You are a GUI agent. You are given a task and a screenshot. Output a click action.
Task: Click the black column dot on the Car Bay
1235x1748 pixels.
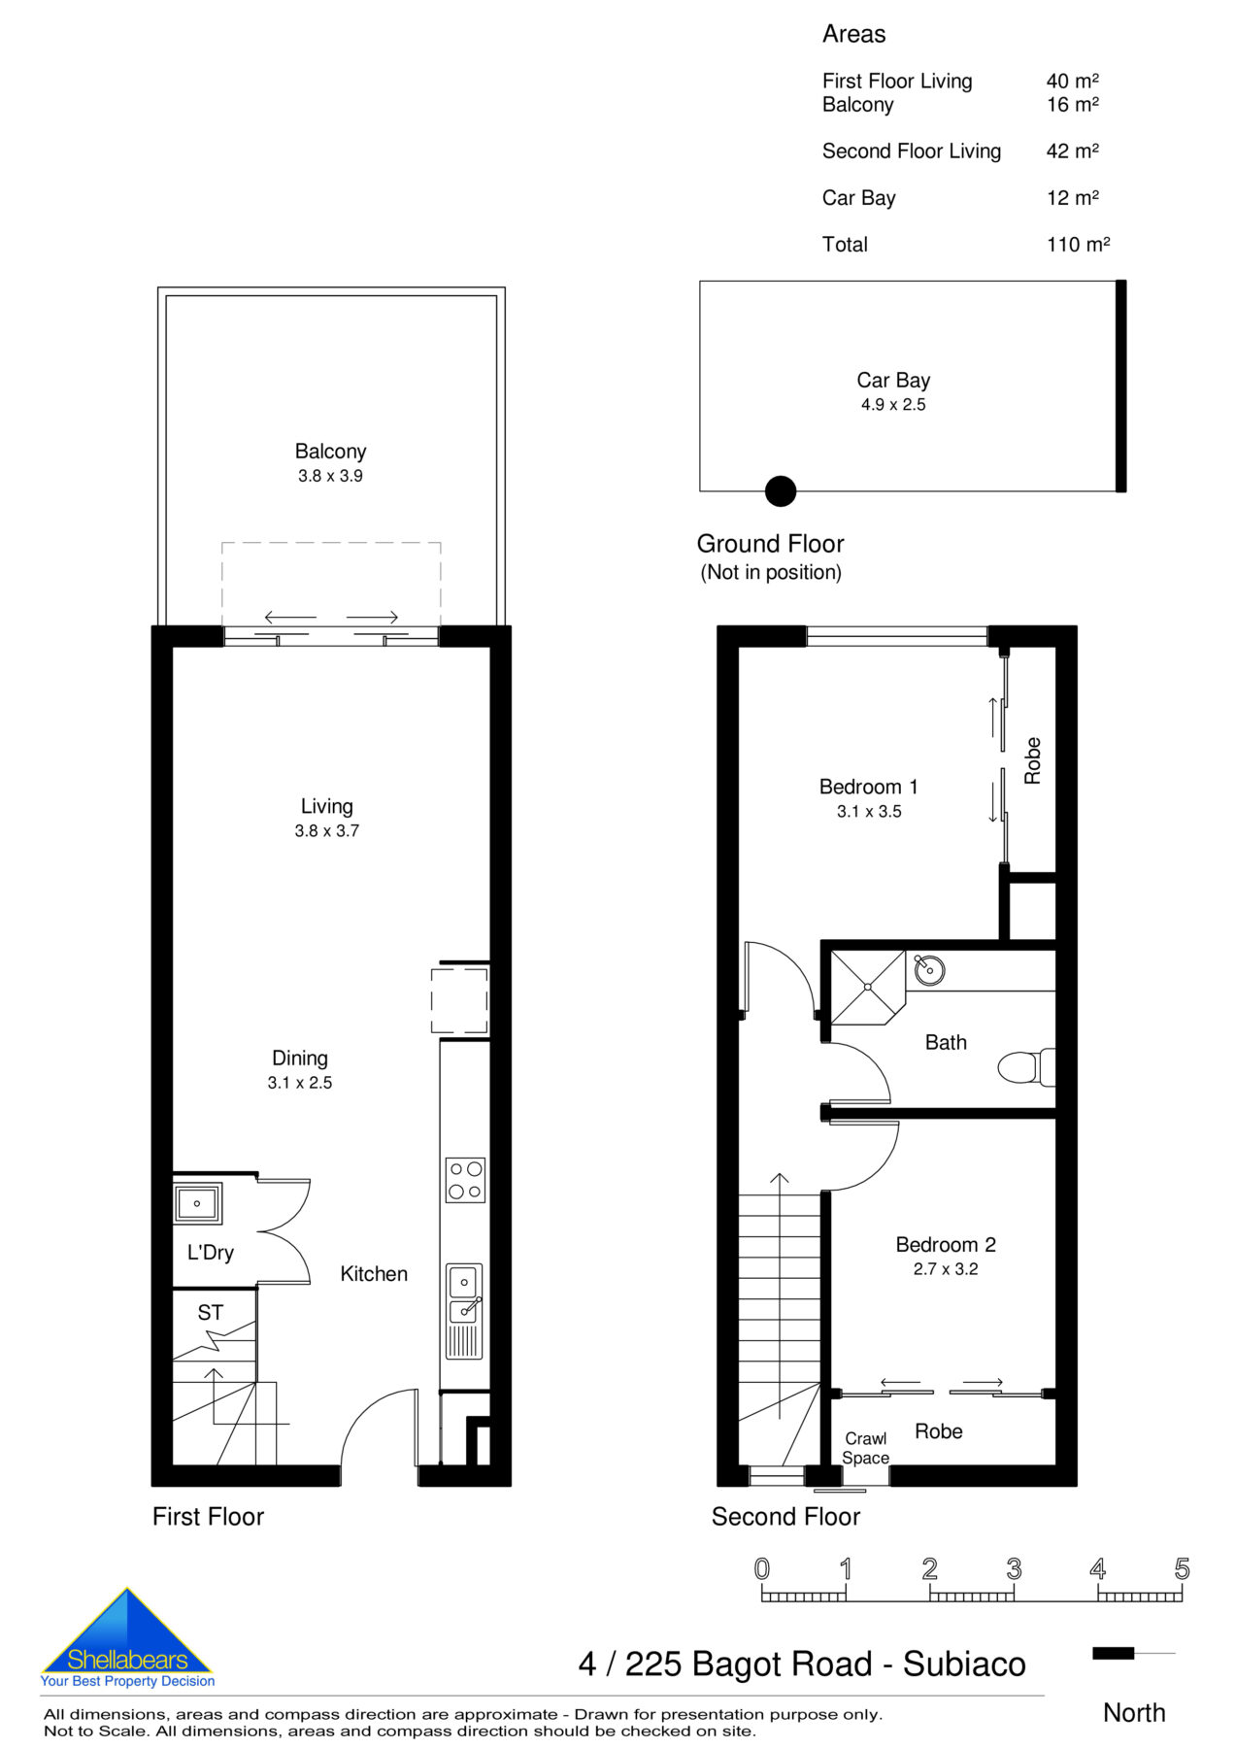click(x=780, y=491)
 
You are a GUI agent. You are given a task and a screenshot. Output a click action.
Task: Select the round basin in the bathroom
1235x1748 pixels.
click(x=929, y=969)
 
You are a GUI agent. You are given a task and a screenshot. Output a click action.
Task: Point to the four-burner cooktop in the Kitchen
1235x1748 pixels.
click(x=464, y=1180)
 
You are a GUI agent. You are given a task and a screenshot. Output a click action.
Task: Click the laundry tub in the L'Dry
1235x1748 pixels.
click(x=197, y=1204)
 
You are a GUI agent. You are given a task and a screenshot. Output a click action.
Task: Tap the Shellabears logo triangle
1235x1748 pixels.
click(x=126, y=1634)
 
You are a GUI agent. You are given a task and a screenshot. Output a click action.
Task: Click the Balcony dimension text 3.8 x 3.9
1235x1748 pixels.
click(x=330, y=476)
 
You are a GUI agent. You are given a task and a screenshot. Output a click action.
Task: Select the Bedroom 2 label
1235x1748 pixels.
click(x=945, y=1244)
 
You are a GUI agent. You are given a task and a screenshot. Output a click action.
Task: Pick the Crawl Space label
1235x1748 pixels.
click(x=865, y=1448)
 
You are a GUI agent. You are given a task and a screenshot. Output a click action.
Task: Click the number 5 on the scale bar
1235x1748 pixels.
click(x=1181, y=1569)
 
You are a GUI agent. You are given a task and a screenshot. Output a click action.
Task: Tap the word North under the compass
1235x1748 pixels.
click(x=1133, y=1713)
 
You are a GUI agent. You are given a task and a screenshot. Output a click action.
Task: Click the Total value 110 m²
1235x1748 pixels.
click(x=1078, y=245)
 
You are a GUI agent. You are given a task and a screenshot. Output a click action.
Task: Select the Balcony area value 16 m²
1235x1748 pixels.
click(x=1072, y=105)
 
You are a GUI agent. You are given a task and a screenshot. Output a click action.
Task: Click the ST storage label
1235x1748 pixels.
click(x=210, y=1313)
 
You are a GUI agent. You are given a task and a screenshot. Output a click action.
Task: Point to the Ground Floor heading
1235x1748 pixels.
click(x=770, y=544)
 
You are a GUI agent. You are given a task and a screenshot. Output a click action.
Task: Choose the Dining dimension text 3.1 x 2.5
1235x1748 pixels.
click(x=300, y=1083)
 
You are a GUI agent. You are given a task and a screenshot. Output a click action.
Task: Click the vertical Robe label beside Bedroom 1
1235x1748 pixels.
click(x=1032, y=760)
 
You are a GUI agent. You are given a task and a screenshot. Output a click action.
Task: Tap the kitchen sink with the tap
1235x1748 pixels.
click(x=464, y=1294)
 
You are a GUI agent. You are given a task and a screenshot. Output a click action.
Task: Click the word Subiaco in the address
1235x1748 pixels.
click(x=963, y=1664)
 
